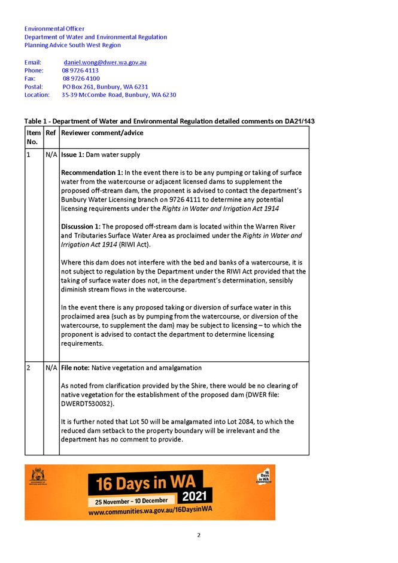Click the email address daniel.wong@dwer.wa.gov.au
pyautogui.click(x=105, y=62)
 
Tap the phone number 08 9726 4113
pyautogui.click(x=80, y=71)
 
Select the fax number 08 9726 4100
pyautogui.click(x=81, y=78)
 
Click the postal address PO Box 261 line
pyautogui.click(x=105, y=87)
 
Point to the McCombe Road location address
pyautogui.click(x=119, y=95)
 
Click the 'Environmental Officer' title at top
pyautogui.click(x=54, y=29)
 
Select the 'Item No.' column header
pyautogui.click(x=34, y=137)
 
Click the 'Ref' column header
pyautogui.click(x=50, y=133)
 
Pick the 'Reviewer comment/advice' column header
pyautogui.click(x=102, y=133)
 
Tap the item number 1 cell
pyautogui.click(x=29, y=154)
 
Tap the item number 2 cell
pyautogui.click(x=29, y=367)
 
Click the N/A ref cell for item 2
pyautogui.click(x=51, y=367)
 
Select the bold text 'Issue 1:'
pyautogui.click(x=72, y=154)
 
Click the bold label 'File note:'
pyautogui.click(x=75, y=367)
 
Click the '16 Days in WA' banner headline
pyautogui.click(x=145, y=481)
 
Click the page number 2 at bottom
pyautogui.click(x=199, y=535)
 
